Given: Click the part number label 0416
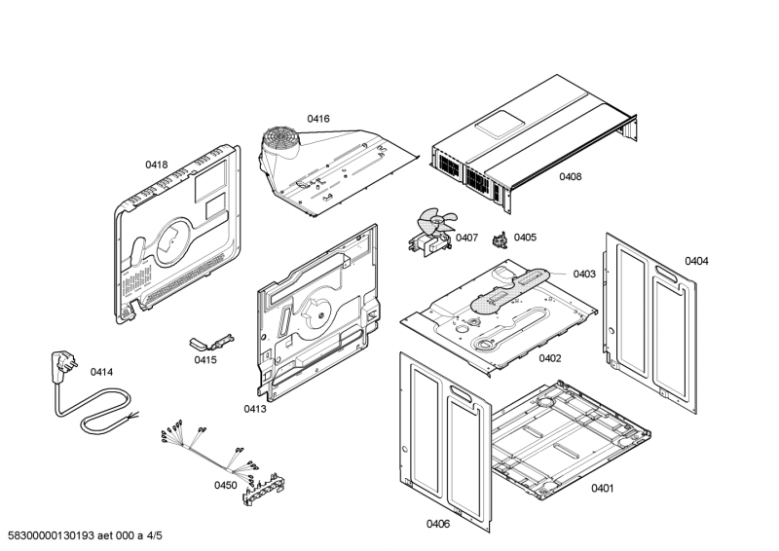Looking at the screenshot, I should (318, 119).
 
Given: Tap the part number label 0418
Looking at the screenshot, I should (157, 165).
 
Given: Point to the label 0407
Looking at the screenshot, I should (466, 238).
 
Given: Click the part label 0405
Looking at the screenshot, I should (525, 237).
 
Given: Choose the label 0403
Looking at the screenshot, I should (584, 274).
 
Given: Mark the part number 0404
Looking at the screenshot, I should (696, 261).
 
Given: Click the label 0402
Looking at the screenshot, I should (550, 358).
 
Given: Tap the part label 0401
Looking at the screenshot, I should (602, 488).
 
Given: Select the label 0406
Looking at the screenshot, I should (438, 524).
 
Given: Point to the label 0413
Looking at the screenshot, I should (255, 409).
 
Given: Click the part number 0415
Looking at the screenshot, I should (204, 359).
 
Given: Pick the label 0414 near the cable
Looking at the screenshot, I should (101, 372).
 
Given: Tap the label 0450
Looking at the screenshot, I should (226, 484).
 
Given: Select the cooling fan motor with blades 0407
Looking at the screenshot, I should (427, 232).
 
